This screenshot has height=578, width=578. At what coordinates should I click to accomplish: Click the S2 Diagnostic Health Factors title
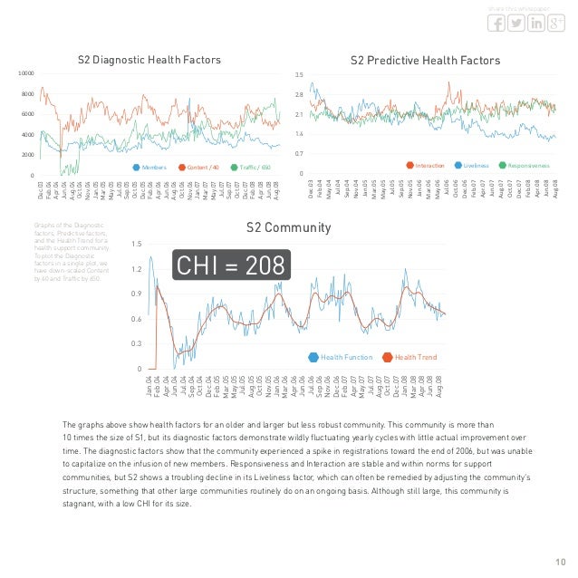149,60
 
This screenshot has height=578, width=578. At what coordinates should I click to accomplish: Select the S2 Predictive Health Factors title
425,60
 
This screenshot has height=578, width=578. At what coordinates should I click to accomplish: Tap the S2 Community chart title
289,227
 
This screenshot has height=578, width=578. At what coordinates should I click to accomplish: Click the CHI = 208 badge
232,265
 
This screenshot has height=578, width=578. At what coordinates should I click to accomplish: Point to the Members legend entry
154,167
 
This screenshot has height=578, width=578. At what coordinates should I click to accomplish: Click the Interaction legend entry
426,166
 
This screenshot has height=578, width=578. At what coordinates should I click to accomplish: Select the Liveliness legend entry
472,166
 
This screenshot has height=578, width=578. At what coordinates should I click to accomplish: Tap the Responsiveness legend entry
524,166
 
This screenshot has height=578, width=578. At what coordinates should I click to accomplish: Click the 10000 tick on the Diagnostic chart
27,73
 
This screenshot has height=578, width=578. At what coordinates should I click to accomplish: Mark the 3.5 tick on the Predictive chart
299,73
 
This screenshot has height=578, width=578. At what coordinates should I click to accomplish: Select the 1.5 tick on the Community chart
136,245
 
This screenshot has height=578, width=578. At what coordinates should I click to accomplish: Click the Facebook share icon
496,23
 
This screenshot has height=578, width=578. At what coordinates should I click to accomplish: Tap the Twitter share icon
515,23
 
